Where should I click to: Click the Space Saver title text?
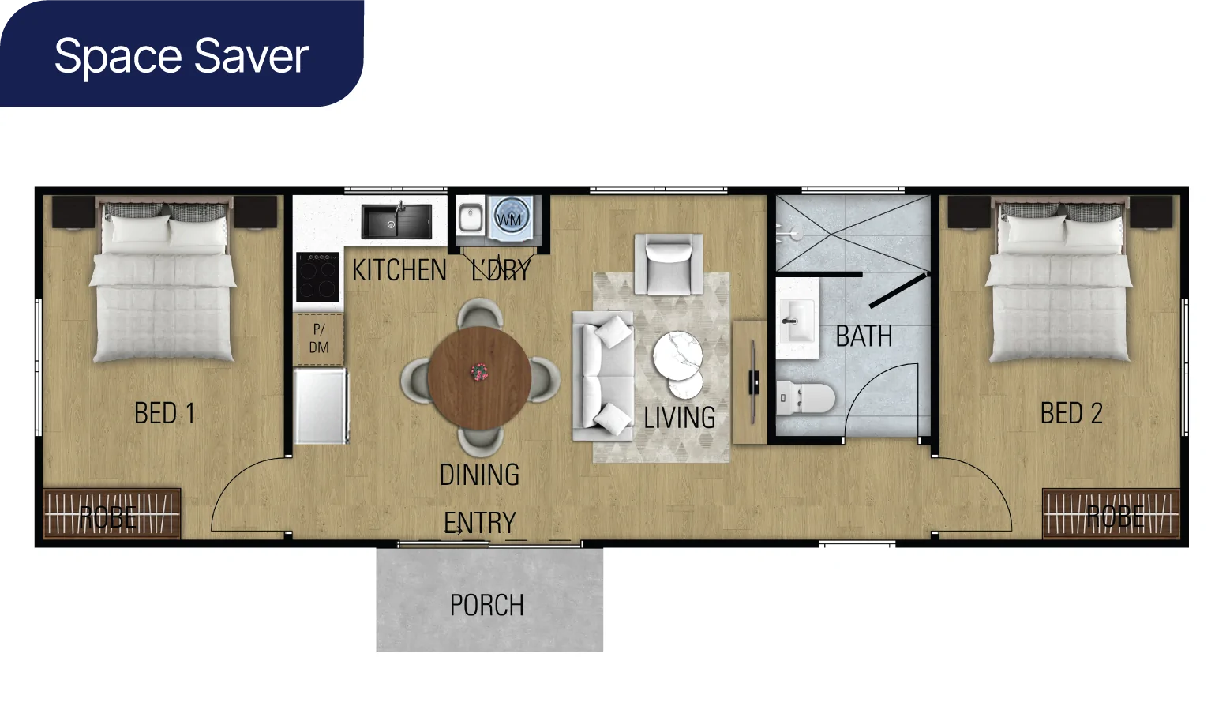[182, 56]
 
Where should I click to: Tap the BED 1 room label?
[164, 413]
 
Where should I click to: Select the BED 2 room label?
[1071, 413]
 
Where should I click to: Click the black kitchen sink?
[397, 221]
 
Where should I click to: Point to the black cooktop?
[318, 277]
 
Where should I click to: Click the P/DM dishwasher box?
[319, 339]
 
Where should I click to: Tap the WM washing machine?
[511, 218]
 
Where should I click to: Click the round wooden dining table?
[479, 378]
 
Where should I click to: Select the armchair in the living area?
[669, 265]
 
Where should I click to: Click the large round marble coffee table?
[677, 356]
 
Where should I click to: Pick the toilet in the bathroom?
[805, 398]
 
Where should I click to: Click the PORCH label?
[487, 605]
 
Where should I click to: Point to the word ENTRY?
[479, 523]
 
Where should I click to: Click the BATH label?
[864, 336]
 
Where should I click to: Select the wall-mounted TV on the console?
[753, 382]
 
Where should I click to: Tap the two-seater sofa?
[602, 376]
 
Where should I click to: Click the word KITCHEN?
[399, 270]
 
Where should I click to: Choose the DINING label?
[479, 475]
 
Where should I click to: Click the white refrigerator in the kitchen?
[320, 406]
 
